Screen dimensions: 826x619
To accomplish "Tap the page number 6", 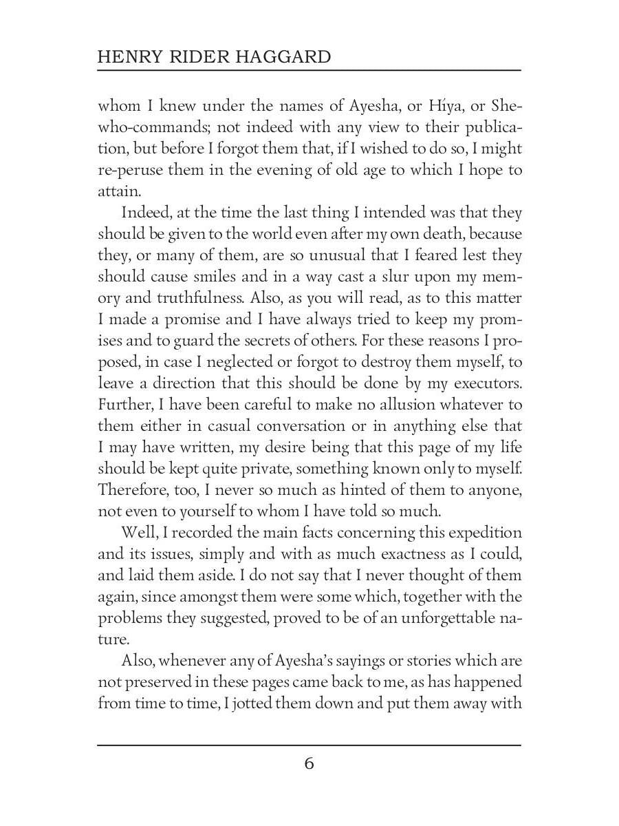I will point(309,764).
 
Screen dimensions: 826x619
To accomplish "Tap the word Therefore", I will point(132,490).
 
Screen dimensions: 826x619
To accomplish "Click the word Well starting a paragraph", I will point(137,533).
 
